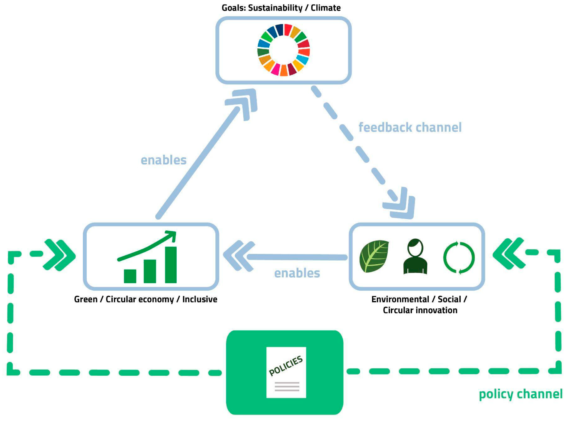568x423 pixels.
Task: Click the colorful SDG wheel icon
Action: [x=283, y=50]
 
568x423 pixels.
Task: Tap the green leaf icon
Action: [x=374, y=256]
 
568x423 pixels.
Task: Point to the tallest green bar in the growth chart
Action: [x=171, y=265]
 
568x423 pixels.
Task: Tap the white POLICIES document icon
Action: [x=286, y=372]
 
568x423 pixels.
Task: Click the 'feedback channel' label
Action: [x=410, y=127]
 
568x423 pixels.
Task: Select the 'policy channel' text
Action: [x=520, y=394]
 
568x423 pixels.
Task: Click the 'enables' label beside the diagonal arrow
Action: [x=163, y=160]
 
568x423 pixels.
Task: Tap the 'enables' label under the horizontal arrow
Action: [x=297, y=273]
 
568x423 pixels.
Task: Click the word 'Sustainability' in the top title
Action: [x=275, y=8]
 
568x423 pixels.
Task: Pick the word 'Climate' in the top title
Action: [x=325, y=8]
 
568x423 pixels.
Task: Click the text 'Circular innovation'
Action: [x=420, y=310]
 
